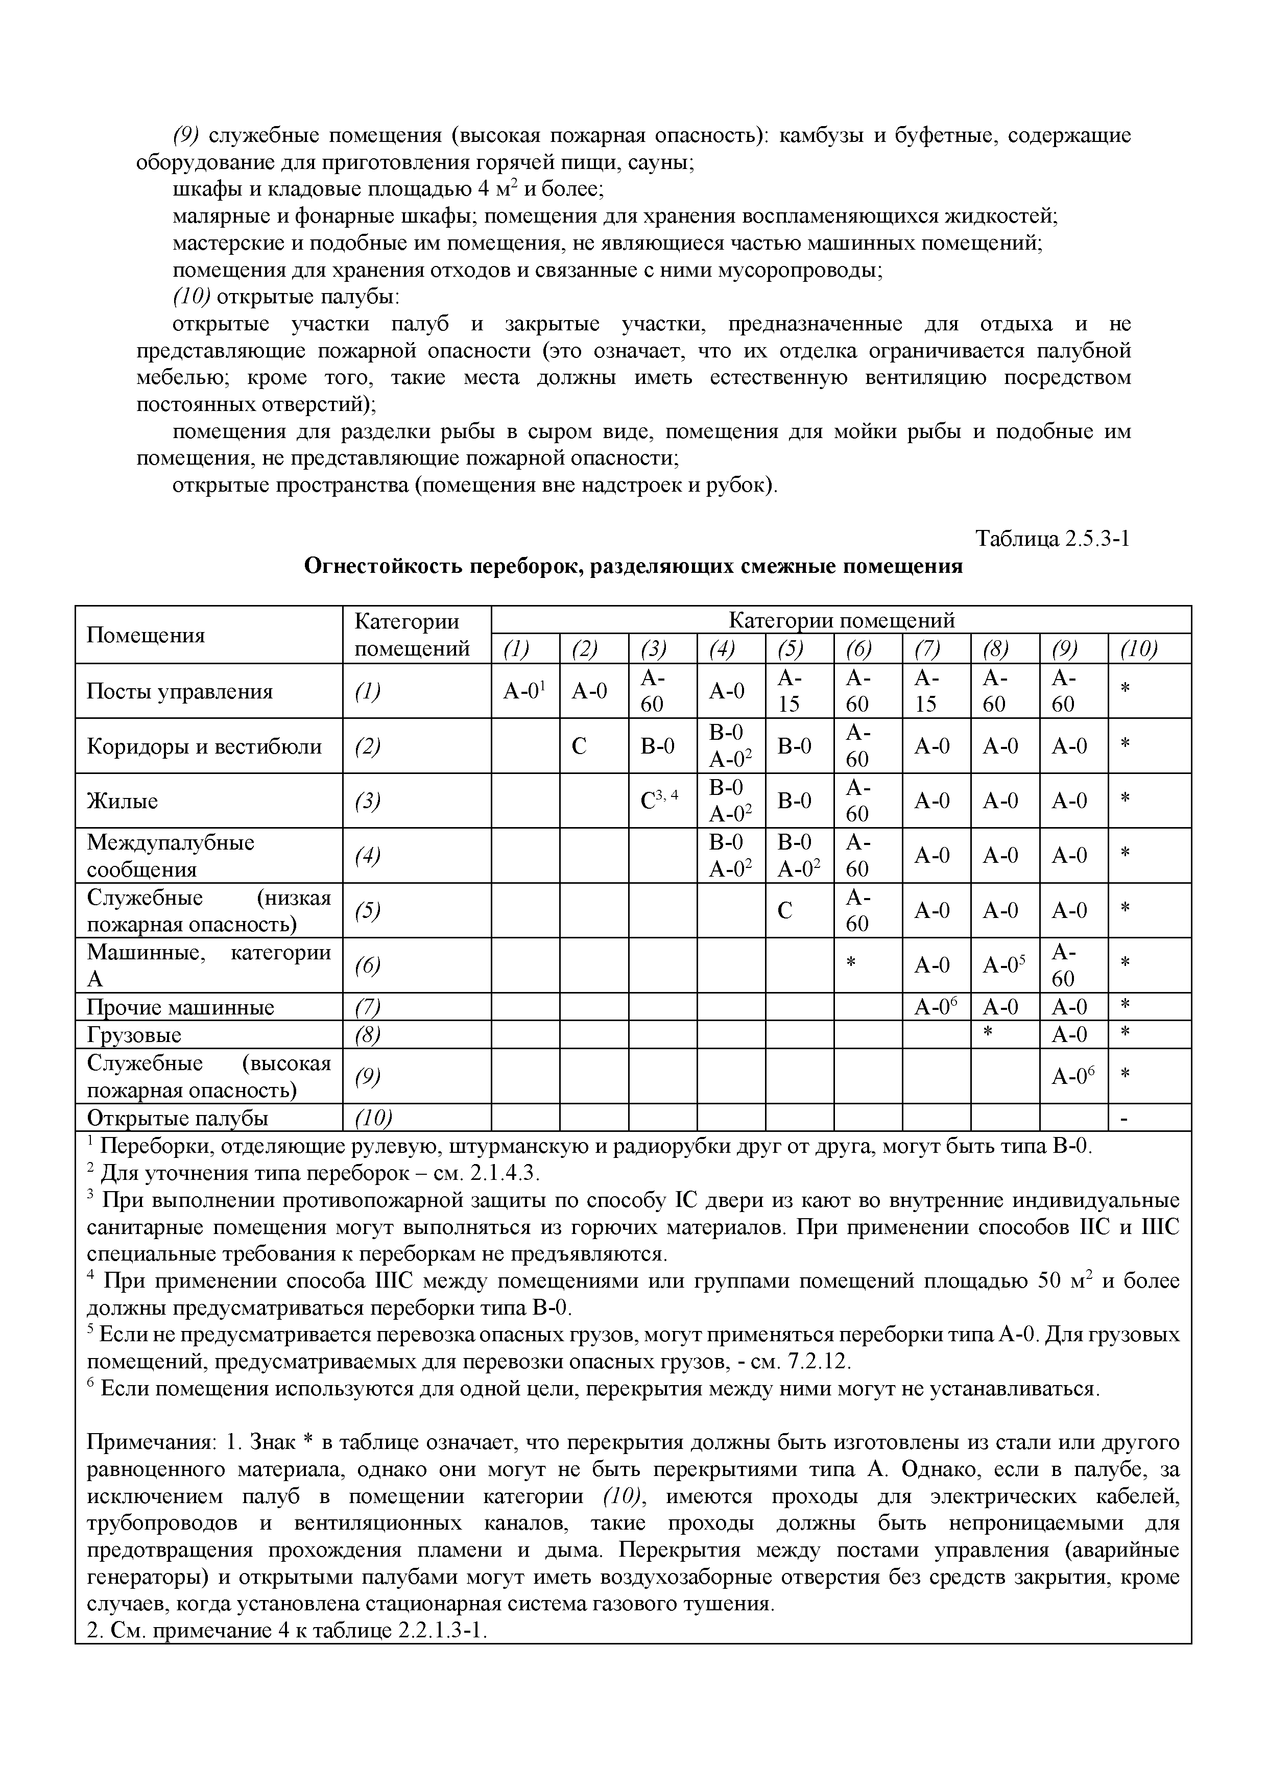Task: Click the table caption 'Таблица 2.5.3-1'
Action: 1053,539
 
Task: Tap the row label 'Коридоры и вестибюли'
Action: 204,746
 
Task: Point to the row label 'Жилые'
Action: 123,801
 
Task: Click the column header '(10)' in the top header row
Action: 1139,648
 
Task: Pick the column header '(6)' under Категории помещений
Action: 857,648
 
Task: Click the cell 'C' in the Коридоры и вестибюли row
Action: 579,746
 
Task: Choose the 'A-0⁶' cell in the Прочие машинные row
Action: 936,1007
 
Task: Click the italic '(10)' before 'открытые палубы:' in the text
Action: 192,297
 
